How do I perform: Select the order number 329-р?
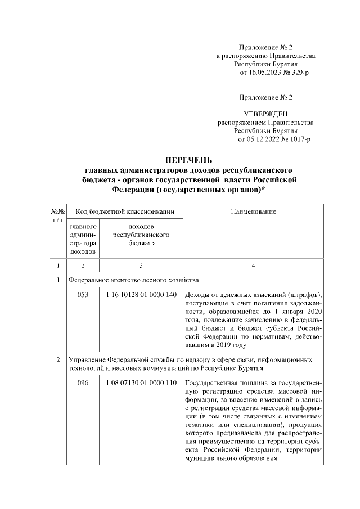[298, 73]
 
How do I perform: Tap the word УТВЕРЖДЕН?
[265, 114]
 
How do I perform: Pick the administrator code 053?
[83, 295]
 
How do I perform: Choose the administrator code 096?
[83, 383]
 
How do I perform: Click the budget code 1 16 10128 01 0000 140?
[141, 295]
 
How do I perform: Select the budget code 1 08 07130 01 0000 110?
[141, 383]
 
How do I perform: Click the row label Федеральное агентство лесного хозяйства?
[132, 280]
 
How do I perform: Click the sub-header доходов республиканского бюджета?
[141, 235]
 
